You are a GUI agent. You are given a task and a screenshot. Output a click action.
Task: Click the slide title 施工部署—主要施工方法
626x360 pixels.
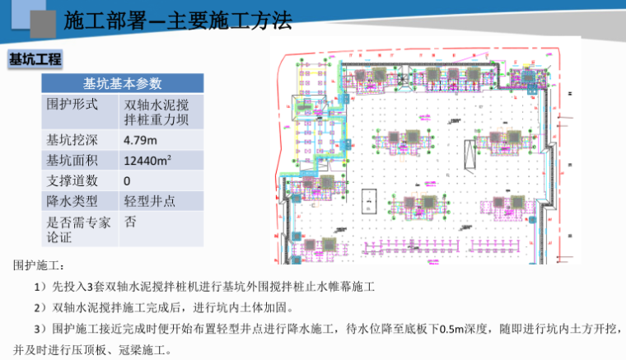177,21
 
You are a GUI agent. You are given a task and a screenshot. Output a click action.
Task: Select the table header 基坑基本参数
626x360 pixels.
122,84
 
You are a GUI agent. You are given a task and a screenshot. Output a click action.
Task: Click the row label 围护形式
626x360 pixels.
72,105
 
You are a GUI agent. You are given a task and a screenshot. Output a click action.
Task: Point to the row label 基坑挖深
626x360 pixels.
72,140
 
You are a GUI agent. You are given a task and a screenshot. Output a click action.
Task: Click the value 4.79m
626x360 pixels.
140,140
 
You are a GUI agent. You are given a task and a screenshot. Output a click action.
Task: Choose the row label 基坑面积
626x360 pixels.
72,161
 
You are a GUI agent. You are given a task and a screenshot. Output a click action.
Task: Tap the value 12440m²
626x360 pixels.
147,161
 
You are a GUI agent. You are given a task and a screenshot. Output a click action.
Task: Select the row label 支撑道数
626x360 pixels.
72,180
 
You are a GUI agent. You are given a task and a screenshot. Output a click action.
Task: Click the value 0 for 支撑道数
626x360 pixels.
127,180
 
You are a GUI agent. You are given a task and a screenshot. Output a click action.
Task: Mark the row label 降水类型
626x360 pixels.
72,201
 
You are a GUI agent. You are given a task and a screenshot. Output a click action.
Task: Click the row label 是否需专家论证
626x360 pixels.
72,229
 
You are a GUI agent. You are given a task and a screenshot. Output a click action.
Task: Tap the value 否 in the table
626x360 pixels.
130,222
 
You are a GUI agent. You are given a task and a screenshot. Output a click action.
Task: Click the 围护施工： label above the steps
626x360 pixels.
39,265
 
